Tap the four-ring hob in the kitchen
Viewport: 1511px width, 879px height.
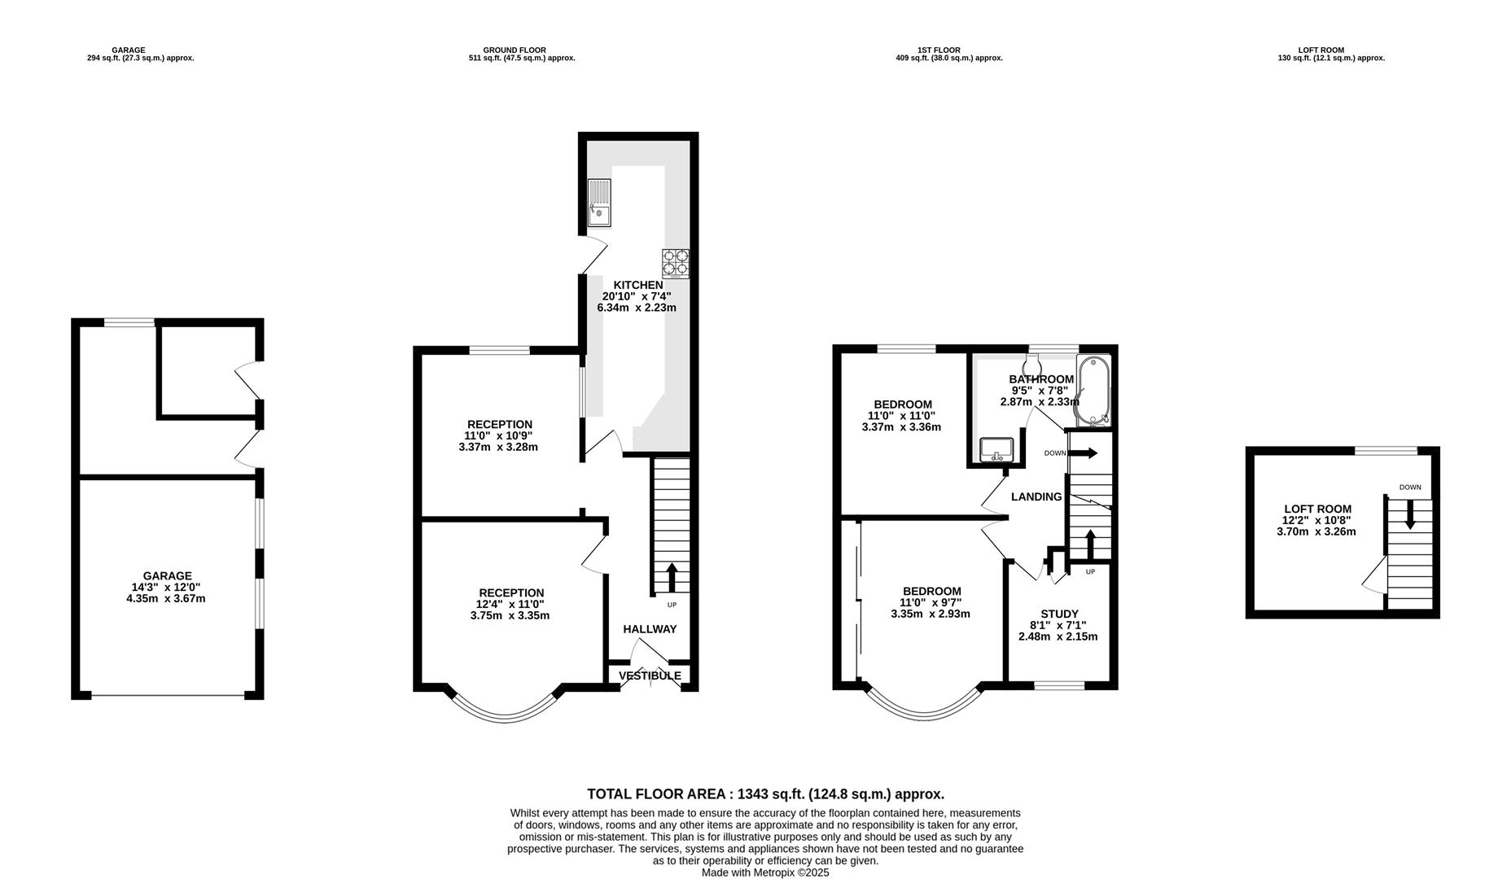(x=676, y=263)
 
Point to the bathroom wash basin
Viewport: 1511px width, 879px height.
(x=996, y=448)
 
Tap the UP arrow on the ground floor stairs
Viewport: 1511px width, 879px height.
(x=672, y=577)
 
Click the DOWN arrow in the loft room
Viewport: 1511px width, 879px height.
(x=1410, y=513)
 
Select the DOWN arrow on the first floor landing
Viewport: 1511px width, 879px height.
(x=1084, y=453)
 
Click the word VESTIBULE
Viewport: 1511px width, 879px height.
(x=650, y=676)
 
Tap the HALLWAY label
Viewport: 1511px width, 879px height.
(x=650, y=629)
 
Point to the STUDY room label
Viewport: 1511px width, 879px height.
(x=1059, y=614)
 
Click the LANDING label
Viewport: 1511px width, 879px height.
(x=1036, y=496)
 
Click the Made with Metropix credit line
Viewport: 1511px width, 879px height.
(x=765, y=872)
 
